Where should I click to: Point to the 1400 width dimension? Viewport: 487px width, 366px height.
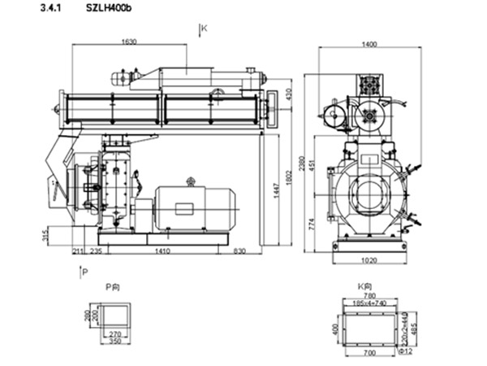[369, 45]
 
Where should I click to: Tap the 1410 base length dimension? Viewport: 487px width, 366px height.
[162, 252]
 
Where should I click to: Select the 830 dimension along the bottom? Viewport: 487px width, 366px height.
[240, 252]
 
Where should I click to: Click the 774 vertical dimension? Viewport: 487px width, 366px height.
[313, 224]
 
